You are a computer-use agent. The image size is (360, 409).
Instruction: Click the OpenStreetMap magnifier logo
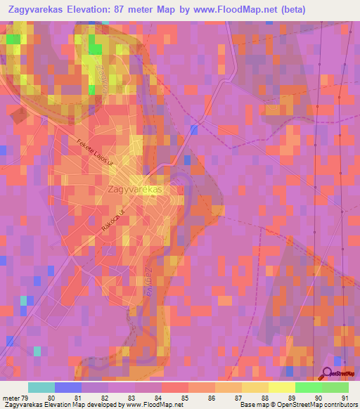326,373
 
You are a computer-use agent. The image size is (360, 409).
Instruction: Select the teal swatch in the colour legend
41,387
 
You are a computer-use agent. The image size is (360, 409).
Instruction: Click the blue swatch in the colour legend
68,387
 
